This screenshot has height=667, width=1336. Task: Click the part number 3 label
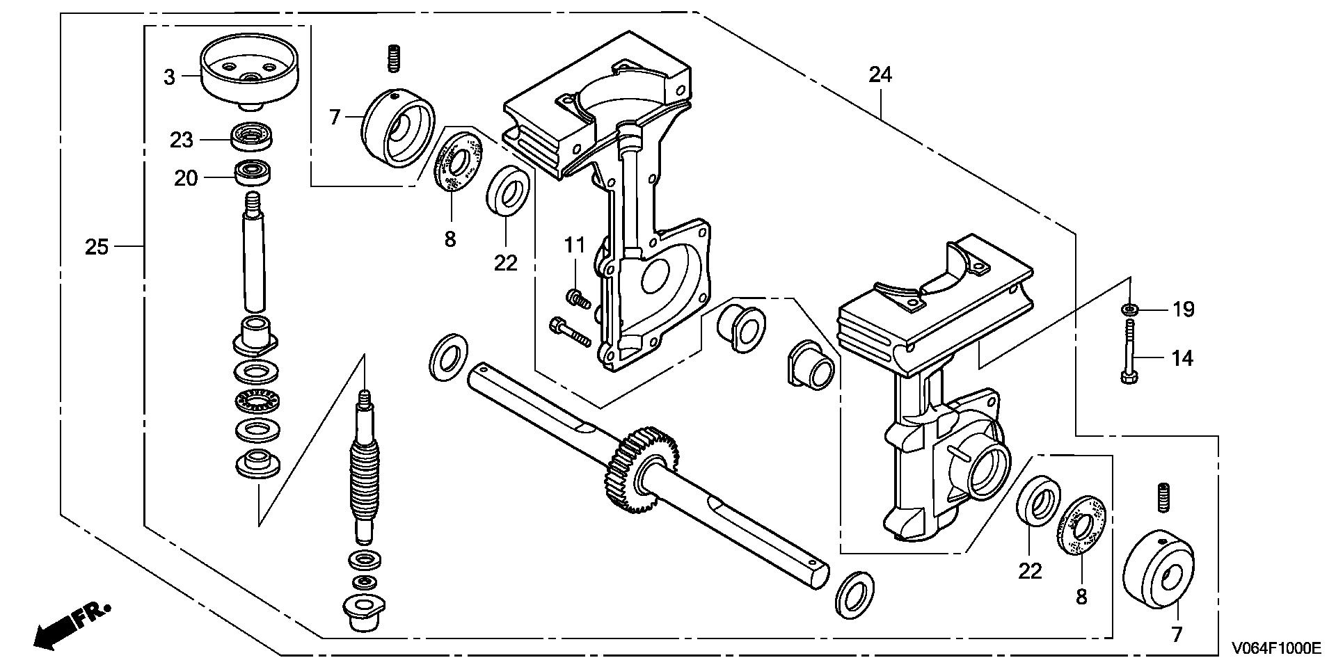(170, 77)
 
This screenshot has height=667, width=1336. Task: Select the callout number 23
(182, 140)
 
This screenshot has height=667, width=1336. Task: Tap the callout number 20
(186, 179)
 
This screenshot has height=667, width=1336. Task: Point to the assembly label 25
(97, 246)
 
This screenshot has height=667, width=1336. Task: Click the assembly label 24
(880, 74)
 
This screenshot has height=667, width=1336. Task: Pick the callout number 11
(575, 245)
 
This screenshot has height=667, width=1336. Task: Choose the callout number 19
(1184, 308)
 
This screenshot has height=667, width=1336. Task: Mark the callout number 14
(1182, 359)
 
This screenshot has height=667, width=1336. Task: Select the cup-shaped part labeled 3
(248, 74)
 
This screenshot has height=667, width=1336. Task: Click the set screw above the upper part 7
(395, 57)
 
